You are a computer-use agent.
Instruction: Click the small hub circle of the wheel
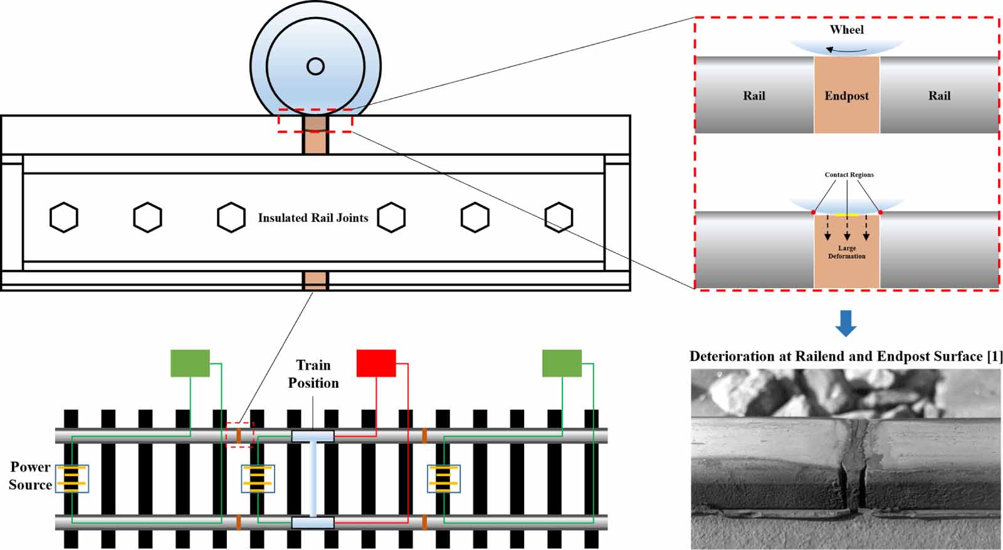tap(315, 66)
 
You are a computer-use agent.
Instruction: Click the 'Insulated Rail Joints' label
tap(313, 218)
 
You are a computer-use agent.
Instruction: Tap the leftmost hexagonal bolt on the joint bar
tap(64, 217)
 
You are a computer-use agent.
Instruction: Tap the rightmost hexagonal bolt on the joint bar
tap(559, 217)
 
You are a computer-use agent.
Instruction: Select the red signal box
tap(376, 363)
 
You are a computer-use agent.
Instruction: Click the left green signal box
tap(190, 363)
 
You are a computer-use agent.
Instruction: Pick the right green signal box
tap(562, 363)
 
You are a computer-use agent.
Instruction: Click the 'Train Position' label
tap(313, 374)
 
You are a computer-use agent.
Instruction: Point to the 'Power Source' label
tap(30, 475)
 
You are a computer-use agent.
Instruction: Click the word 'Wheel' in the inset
tap(846, 29)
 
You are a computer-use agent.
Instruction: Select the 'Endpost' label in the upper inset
tap(846, 96)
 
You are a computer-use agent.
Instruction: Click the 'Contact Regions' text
tap(849, 175)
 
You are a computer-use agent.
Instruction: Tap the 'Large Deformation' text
tap(846, 252)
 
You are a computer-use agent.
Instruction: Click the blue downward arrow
tap(846, 323)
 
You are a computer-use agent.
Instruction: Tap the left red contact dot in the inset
tap(814, 212)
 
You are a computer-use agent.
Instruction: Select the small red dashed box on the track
tap(239, 434)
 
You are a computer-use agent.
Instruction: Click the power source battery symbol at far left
tap(71, 479)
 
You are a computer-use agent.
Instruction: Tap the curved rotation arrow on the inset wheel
tap(846, 49)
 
